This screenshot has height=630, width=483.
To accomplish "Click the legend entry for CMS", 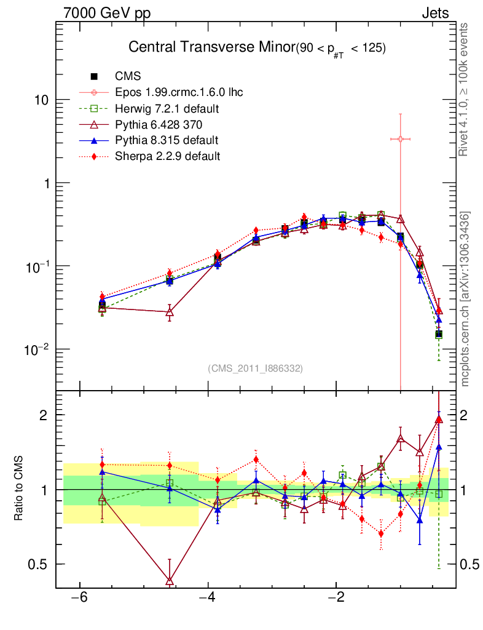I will tap(128, 77).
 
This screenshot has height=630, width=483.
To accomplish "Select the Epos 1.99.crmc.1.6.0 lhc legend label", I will tap(178, 93).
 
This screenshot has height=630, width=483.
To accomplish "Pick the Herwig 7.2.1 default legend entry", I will tap(167, 109).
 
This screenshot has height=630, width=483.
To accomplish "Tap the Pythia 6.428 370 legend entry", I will tap(159, 125).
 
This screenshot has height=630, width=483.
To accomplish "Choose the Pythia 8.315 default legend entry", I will tap(167, 140).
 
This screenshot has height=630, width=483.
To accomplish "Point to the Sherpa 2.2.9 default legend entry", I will tap(167, 156).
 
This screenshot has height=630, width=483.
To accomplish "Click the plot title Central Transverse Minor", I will tap(211, 49).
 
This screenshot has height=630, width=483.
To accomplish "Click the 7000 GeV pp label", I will tap(107, 13).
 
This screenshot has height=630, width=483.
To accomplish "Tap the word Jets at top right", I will tap(434, 13).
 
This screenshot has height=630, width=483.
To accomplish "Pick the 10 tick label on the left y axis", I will tap(43, 100).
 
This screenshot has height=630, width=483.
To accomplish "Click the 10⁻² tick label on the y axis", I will tap(39, 349).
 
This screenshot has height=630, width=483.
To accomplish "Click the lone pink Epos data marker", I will tap(401, 139).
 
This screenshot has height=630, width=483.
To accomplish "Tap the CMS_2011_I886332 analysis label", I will tap(256, 369).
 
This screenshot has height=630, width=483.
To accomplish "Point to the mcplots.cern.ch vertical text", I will tap(465, 298).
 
